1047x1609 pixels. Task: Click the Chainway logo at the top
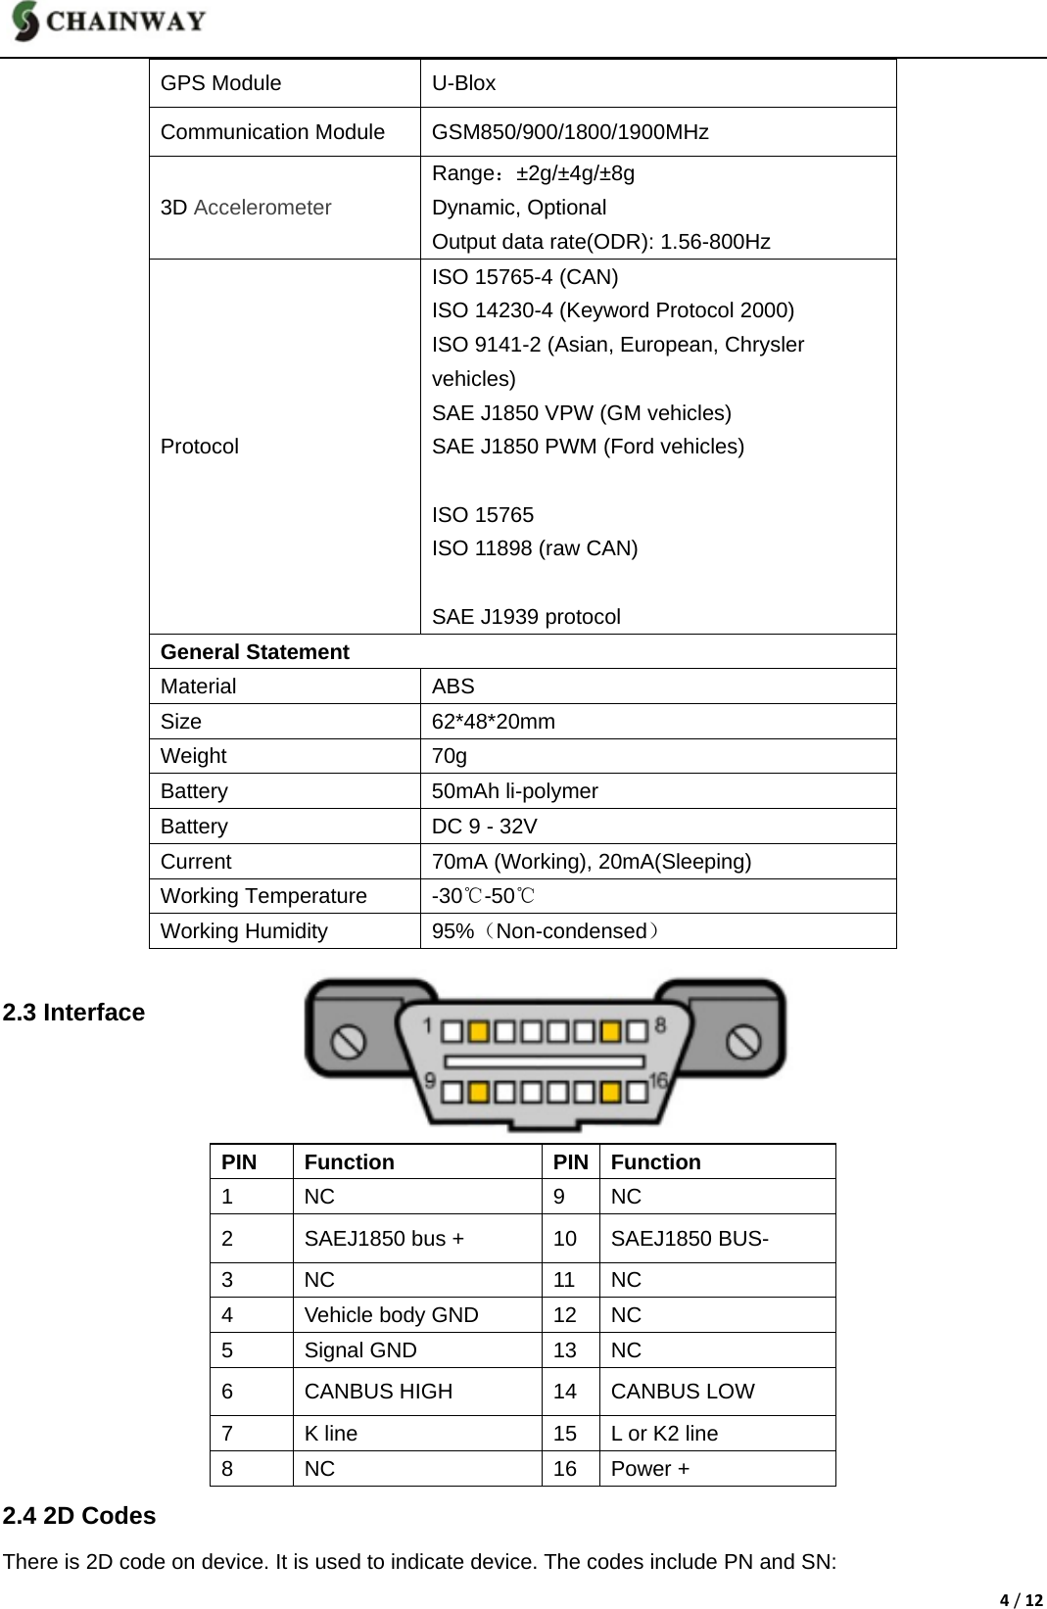109,23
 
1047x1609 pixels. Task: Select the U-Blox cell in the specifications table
464,83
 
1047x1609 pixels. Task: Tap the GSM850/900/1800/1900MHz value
570,132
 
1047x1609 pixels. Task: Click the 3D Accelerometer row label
246,208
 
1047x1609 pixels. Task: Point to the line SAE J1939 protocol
526,617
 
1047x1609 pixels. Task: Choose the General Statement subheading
255,652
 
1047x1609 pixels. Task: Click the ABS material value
453,686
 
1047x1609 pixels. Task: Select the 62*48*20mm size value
494,722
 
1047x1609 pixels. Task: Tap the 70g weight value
450,756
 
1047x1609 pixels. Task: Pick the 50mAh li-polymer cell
515,791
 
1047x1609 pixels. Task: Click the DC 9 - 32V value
485,827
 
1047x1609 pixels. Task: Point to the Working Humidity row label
244,931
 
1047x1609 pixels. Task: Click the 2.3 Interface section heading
73,1013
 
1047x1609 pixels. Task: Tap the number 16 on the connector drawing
657,1080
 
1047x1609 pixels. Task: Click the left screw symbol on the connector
349,1040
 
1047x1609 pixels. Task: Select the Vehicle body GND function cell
392,1315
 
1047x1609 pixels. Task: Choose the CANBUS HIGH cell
379,1392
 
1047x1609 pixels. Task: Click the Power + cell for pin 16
650,1469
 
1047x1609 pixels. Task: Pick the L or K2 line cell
664,1434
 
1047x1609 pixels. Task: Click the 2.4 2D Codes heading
79,1516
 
